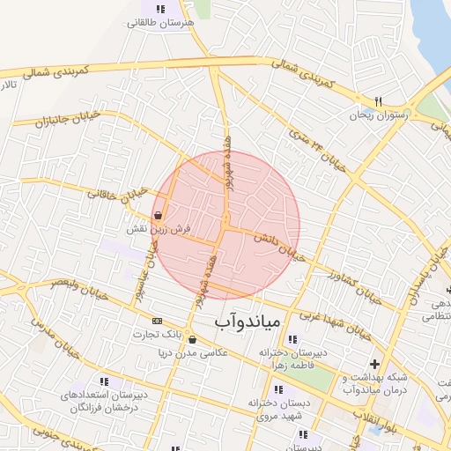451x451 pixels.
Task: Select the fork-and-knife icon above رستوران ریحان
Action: point(379,101)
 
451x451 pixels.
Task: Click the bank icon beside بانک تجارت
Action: point(157,321)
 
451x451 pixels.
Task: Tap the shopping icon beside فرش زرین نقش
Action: point(158,215)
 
